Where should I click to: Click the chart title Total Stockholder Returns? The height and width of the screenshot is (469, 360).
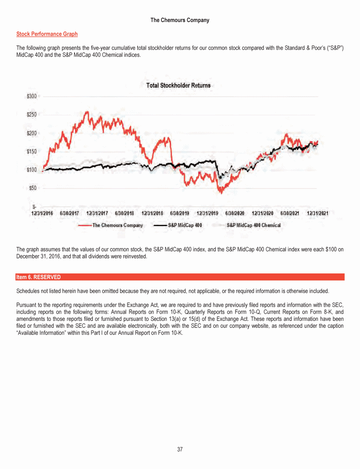coord(179,85)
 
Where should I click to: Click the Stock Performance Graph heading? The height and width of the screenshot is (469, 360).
coord(47,34)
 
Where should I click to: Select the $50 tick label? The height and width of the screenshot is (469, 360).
coord(33,188)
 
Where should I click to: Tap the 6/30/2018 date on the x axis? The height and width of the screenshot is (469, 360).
coord(125,213)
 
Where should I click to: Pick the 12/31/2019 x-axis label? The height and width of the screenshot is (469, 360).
coord(207,213)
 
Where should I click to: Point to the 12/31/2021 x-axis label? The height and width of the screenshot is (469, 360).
coord(318,213)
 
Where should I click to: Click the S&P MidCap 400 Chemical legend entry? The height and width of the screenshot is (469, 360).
coord(254,225)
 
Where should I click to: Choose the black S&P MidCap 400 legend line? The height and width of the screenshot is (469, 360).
coord(161,225)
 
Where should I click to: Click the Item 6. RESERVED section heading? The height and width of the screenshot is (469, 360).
coord(38,277)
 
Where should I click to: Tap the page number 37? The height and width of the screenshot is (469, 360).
coord(180,450)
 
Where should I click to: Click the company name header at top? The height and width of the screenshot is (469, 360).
coord(180,20)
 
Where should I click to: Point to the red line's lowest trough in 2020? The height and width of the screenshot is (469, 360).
coord(220,192)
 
